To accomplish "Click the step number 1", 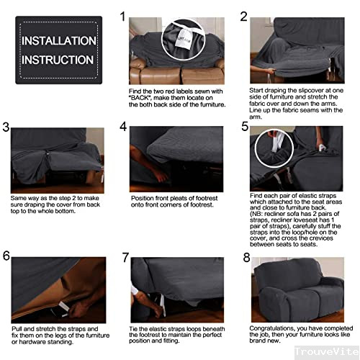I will pyautogui.click(x=122, y=17).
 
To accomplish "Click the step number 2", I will pyautogui.click(x=243, y=17).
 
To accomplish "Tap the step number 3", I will pyautogui.click(x=6, y=128).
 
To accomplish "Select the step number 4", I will pyautogui.click(x=123, y=127).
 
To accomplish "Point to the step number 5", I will pyautogui.click(x=245, y=127).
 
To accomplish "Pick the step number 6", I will pyautogui.click(x=6, y=256).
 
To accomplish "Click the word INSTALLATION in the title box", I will pyautogui.click(x=58, y=41).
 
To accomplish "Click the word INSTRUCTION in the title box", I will pyautogui.click(x=58, y=59).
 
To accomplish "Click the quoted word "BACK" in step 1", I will pyautogui.click(x=141, y=98).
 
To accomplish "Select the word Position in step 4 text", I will pyautogui.click(x=142, y=198).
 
